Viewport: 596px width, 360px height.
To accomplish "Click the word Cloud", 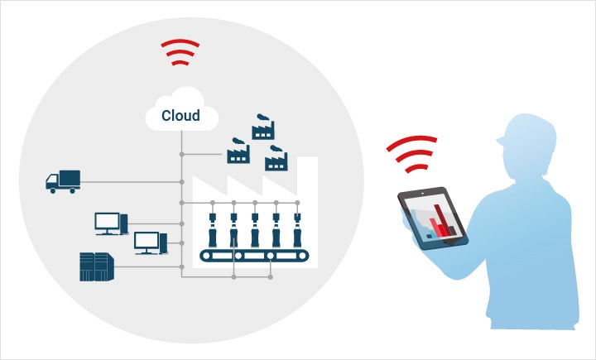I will coord(180,115).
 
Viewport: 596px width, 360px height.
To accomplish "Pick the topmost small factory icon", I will coord(263,130).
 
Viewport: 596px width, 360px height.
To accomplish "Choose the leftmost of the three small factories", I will coord(238,153).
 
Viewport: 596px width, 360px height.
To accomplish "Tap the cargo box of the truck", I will coord(70,176).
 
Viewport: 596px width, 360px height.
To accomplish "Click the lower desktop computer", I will coord(150,242).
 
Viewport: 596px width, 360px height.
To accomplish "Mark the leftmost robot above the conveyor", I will coord(214,231).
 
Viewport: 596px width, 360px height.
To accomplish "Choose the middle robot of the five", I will coord(255,231).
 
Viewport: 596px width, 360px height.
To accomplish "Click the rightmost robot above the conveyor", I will coord(296,231).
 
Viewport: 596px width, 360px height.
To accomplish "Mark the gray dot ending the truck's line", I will coord(181,182).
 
